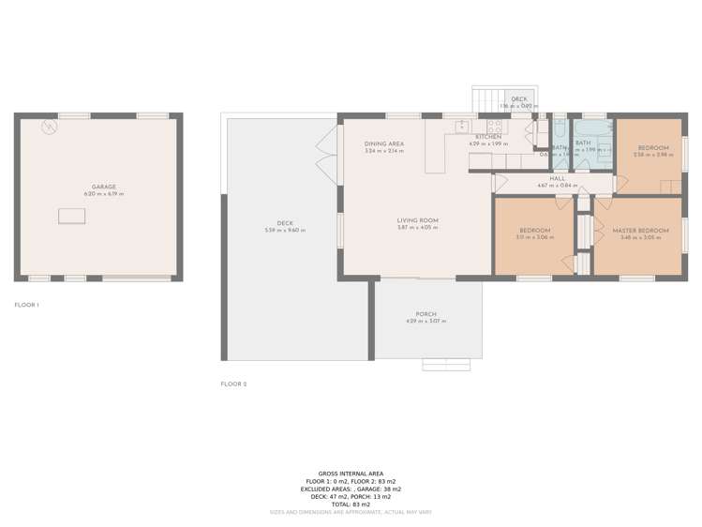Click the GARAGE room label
coord(103,187)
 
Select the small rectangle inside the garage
coord(71,217)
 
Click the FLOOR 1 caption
coord(27,305)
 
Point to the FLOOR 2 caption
coord(233,384)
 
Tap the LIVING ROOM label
coord(417,220)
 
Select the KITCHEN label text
coord(488,137)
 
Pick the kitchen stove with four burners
coord(495,125)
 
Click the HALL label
coord(557,178)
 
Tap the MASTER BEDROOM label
coord(640,230)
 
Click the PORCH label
coord(426,314)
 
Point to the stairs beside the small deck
coord(485,98)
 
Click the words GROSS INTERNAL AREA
coord(351,474)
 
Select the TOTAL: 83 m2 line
coord(351,504)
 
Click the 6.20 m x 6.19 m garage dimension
coord(103,194)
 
